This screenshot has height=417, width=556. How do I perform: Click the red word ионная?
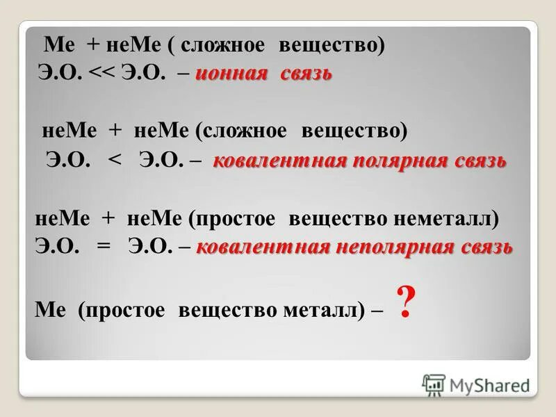[231, 74]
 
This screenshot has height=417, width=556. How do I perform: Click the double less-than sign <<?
[104, 74]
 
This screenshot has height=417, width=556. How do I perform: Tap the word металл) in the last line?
[325, 309]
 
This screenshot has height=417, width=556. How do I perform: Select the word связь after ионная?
[306, 74]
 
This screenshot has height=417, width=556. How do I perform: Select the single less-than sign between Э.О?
[115, 162]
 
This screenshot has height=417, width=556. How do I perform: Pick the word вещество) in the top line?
[332, 45]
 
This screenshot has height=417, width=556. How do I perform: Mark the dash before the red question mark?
[376, 309]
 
